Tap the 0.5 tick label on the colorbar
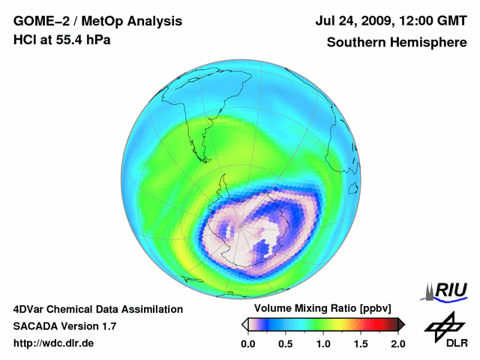(x=285, y=344)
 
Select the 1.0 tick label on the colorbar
(x=323, y=344)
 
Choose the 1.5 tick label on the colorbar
(x=361, y=344)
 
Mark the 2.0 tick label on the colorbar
(x=397, y=344)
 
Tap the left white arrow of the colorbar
(x=244, y=324)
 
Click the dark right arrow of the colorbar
(x=401, y=324)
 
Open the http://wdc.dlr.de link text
(x=54, y=344)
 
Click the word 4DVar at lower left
(x=30, y=309)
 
